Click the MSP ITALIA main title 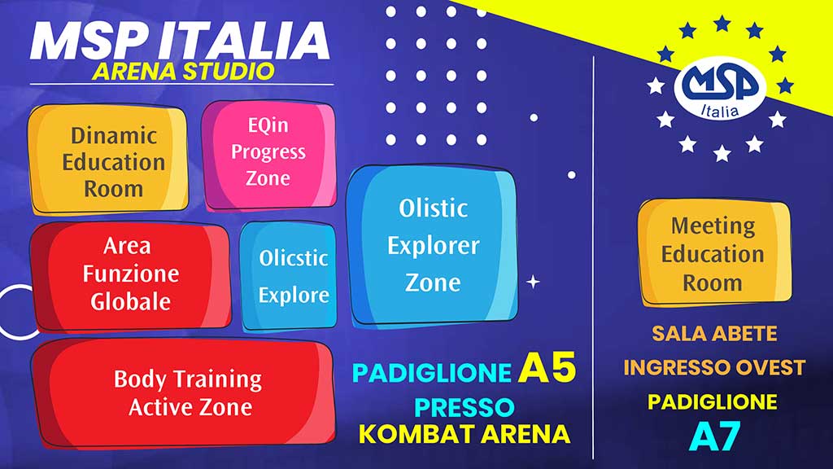[180, 41]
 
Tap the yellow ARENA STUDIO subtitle [183, 72]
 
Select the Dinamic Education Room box [108, 159]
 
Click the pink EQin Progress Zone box [268, 154]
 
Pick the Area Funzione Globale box [130, 276]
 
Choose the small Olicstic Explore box [289, 276]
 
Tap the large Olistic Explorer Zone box [432, 245]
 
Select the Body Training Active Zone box [183, 392]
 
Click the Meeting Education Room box [714, 252]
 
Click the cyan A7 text [714, 437]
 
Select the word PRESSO [464, 408]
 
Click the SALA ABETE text [714, 333]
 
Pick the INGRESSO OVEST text [714, 367]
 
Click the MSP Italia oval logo [721, 88]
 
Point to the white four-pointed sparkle [533, 282]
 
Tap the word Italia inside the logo [720, 110]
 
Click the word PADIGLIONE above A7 [713, 401]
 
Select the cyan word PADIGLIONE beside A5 [432, 373]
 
